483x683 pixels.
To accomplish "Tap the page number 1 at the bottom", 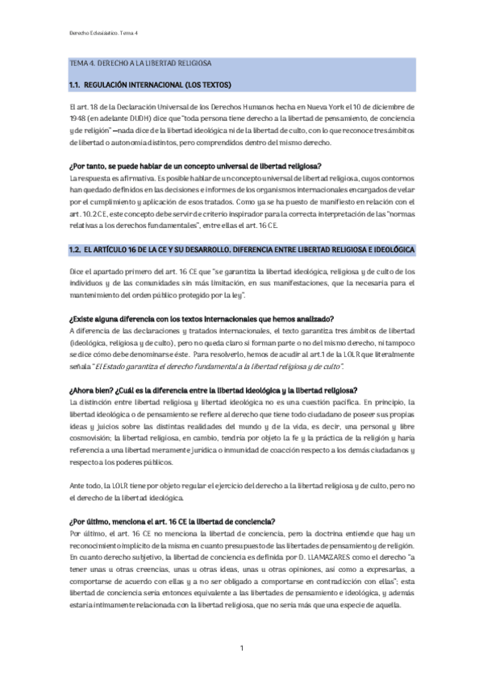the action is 241,648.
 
